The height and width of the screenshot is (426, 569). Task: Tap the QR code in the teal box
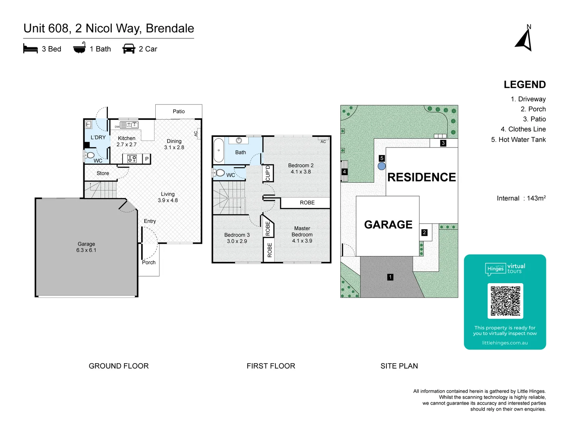(505, 301)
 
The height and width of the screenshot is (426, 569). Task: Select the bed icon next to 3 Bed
(30, 49)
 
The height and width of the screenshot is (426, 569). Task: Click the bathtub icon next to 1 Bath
(79, 48)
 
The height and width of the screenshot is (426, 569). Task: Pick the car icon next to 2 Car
(129, 49)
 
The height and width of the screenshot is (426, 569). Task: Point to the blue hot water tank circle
(381, 166)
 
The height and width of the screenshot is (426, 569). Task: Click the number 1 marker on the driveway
(390, 277)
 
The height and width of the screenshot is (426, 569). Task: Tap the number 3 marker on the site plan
(443, 143)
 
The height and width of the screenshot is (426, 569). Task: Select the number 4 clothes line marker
(345, 172)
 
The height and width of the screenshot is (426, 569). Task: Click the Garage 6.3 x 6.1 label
(86, 247)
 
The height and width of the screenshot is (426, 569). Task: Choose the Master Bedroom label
(302, 234)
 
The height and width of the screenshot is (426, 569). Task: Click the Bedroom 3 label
(237, 238)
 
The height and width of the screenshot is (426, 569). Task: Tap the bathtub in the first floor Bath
(219, 150)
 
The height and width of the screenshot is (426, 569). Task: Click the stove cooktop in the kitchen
(132, 159)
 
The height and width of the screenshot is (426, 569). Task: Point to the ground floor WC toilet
(90, 155)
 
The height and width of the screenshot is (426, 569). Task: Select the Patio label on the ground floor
(179, 112)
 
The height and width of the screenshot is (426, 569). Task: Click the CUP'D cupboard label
(268, 173)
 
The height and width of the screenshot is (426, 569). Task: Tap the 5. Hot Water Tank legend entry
(518, 140)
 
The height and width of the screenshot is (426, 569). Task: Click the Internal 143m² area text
(521, 198)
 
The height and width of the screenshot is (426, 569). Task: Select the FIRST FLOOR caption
(271, 366)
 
